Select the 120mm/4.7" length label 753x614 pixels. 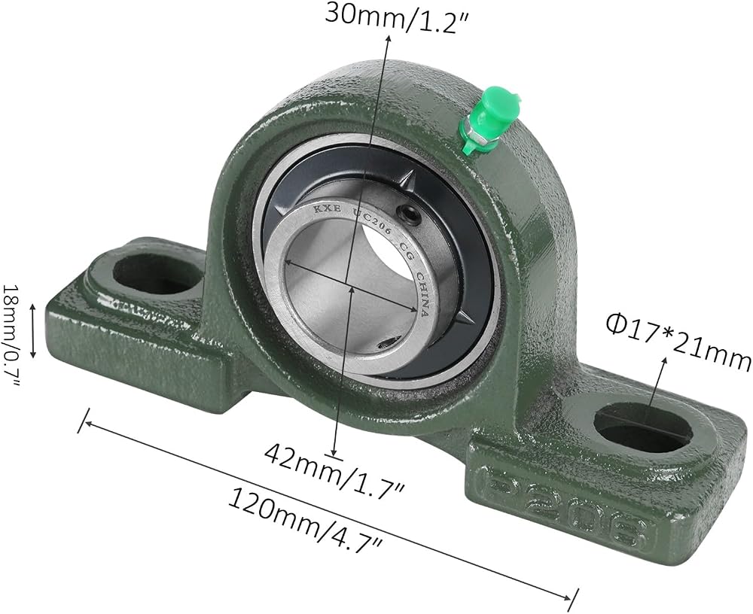(306, 521)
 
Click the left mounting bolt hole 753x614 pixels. (157, 273)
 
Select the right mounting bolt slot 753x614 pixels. (643, 427)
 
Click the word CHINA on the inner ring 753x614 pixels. (422, 293)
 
